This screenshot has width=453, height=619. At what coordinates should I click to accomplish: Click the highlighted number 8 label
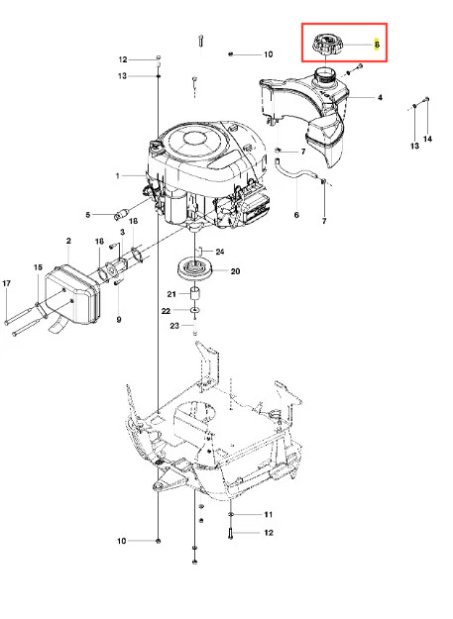(x=377, y=45)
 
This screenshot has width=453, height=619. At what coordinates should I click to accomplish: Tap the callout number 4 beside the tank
(x=380, y=97)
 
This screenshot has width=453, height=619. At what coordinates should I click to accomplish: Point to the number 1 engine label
(x=117, y=175)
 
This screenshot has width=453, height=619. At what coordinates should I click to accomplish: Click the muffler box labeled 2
(x=73, y=294)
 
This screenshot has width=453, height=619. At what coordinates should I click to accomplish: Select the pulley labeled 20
(x=196, y=269)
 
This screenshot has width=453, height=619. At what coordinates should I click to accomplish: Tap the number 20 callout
(x=235, y=271)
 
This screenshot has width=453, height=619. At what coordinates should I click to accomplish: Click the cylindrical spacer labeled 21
(x=195, y=295)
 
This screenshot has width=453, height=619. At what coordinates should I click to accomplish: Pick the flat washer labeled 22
(x=195, y=311)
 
